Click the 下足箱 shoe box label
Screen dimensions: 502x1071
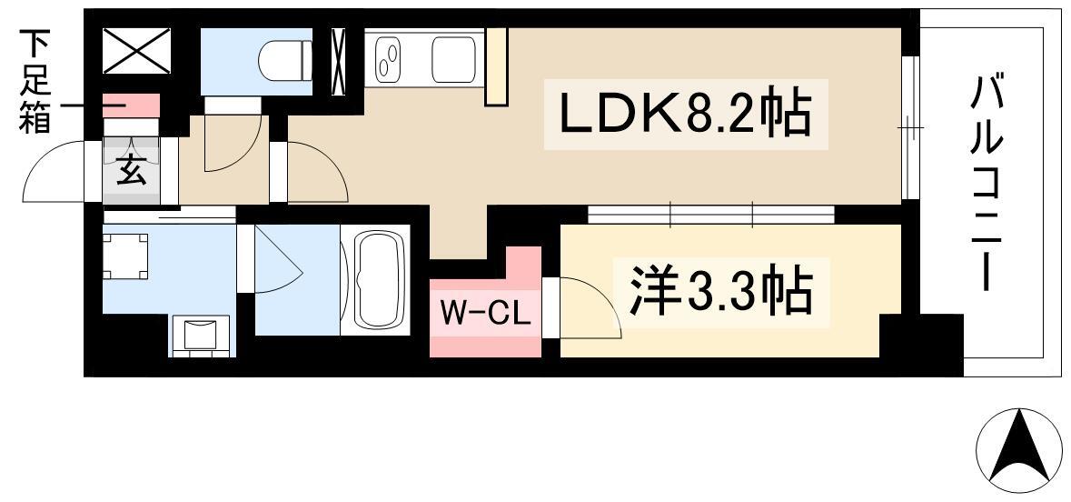(x=36, y=82)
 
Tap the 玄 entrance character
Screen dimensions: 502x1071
(x=131, y=171)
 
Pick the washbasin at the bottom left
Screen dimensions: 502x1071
(x=203, y=334)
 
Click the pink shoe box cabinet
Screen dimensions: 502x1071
(x=130, y=105)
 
